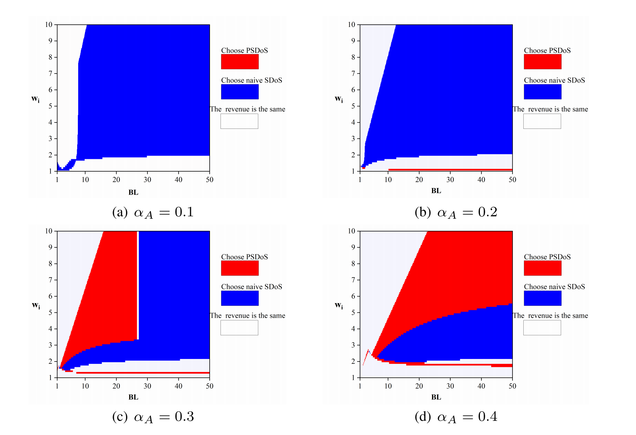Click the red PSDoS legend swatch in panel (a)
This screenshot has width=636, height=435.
pyautogui.click(x=240, y=62)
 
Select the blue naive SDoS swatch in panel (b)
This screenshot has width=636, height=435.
pyautogui.click(x=542, y=92)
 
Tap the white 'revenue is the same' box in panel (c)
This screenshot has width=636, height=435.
pyautogui.click(x=239, y=328)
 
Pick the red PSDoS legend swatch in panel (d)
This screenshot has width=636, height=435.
pyautogui.click(x=542, y=268)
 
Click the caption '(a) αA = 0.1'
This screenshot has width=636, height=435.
pyautogui.click(x=153, y=212)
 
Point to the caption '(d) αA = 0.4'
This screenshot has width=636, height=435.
pyautogui.click(x=456, y=417)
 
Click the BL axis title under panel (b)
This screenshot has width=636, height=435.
pyautogui.click(x=436, y=191)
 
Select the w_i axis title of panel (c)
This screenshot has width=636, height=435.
pyautogui.click(x=36, y=306)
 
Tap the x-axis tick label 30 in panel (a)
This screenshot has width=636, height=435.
pyautogui.click(x=147, y=180)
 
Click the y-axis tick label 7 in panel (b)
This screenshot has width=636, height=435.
pyautogui.click(x=353, y=73)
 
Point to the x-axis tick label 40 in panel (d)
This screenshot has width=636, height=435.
pyautogui.click(x=481, y=386)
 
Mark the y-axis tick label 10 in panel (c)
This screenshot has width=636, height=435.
pyautogui.click(x=49, y=231)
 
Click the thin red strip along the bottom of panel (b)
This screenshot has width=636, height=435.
pyautogui.click(x=449, y=170)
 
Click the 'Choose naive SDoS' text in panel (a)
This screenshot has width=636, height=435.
pyautogui.click(x=252, y=80)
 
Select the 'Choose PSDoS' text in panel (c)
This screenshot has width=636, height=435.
pyautogui.click(x=244, y=257)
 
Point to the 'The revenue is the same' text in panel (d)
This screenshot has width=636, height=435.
pyautogui.click(x=550, y=315)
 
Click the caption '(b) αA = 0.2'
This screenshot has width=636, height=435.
pyautogui.click(x=456, y=212)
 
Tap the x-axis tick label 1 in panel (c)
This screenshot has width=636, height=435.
pyautogui.click(x=57, y=386)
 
